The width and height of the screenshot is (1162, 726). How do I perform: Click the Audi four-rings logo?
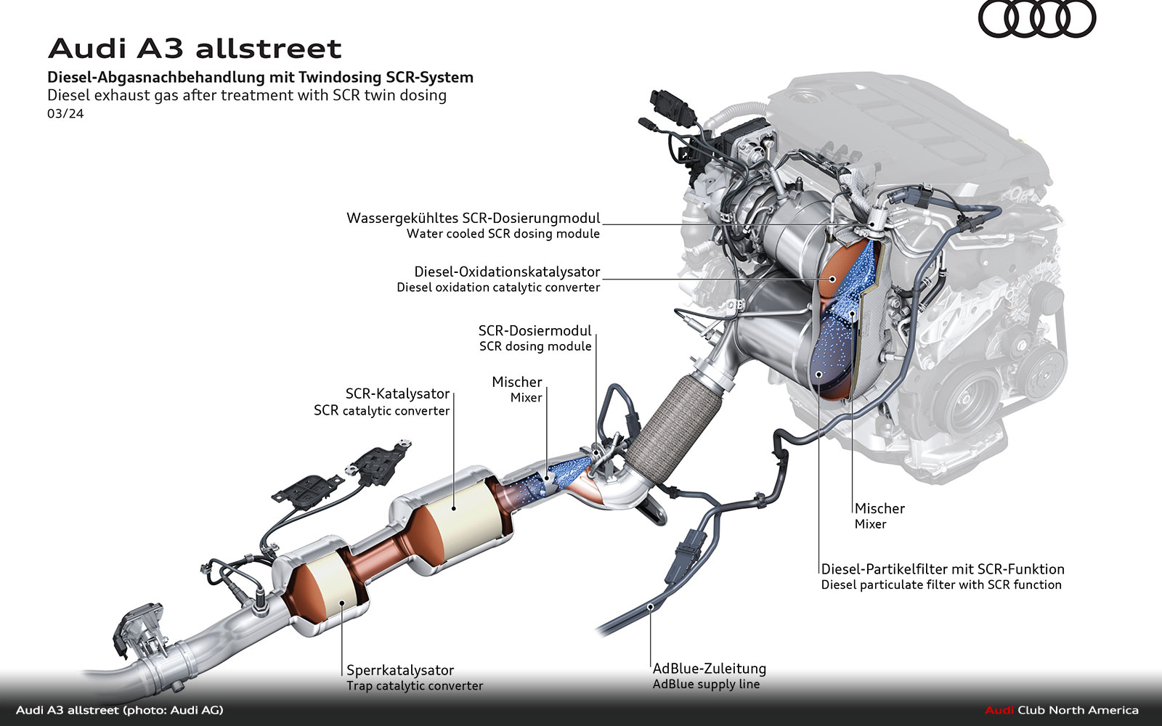pyautogui.click(x=1036, y=20)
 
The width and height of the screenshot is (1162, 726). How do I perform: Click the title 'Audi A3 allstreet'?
pyautogui.click(x=195, y=49)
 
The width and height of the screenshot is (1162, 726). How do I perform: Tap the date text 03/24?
pyautogui.click(x=65, y=113)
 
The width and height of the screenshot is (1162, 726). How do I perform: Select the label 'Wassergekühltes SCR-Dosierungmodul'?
pyautogui.click(x=474, y=218)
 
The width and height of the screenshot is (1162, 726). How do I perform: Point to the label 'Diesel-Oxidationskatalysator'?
pyautogui.click(x=507, y=272)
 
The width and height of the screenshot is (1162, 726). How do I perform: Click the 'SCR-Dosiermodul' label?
pyautogui.click(x=535, y=330)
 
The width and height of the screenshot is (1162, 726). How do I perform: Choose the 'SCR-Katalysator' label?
pyautogui.click(x=397, y=393)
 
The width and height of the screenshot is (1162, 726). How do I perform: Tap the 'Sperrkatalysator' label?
pyautogui.click(x=400, y=670)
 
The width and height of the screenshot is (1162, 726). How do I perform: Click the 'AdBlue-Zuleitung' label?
pyautogui.click(x=709, y=668)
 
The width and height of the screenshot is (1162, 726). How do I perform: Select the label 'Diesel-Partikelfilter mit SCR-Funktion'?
pyautogui.click(x=943, y=569)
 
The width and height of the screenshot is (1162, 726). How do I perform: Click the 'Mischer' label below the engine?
pyautogui.click(x=879, y=508)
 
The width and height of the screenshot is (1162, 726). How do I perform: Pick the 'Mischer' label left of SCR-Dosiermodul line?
pyautogui.click(x=516, y=382)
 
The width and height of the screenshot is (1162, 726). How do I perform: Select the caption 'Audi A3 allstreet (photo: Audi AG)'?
pyautogui.click(x=120, y=710)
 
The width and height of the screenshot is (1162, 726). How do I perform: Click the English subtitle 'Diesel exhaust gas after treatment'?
pyautogui.click(x=247, y=95)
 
